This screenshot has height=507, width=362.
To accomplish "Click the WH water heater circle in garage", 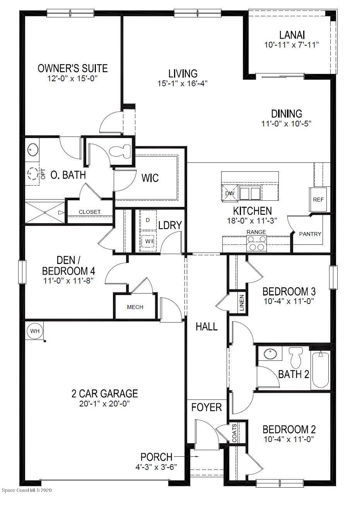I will click(35, 331).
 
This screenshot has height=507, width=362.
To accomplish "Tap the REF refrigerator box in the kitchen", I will click(318, 200).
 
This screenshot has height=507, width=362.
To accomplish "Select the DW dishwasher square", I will click(229, 193).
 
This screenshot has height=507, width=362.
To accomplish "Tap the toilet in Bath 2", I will click(296, 357).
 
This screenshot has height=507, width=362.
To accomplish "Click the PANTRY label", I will click(310, 234).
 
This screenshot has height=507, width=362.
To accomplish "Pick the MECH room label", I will click(135, 307).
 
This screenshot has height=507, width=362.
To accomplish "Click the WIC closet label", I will click(150, 178).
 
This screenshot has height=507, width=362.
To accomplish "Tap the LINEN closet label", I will click(241, 303).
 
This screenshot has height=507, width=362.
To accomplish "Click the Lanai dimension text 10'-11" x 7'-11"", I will click(291, 45).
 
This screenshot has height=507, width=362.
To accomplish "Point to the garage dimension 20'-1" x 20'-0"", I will click(105, 404).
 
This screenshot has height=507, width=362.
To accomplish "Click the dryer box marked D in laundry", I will click(147, 220).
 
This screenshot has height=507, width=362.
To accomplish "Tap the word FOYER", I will click(207, 407).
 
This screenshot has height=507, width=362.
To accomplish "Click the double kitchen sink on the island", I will click(249, 193).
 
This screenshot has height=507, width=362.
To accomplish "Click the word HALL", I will click(207, 327).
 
